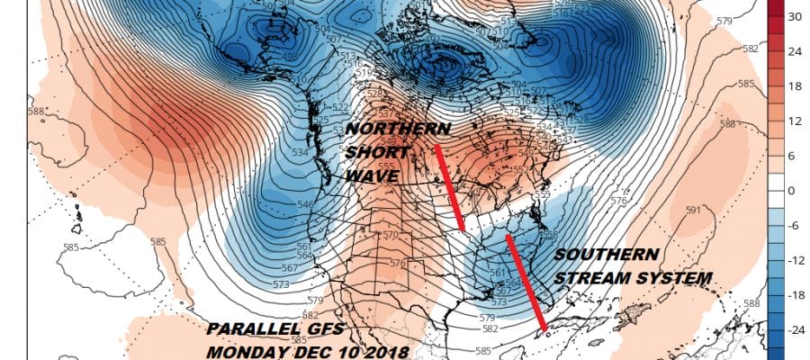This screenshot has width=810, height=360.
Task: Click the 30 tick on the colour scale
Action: coord(796,17)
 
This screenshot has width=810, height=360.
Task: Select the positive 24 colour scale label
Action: coord(796,51)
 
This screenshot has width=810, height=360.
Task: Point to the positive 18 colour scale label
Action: coord(796,86)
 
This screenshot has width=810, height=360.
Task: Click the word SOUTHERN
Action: coord(607,256)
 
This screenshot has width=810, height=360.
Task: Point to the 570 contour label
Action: coord(391,236)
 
